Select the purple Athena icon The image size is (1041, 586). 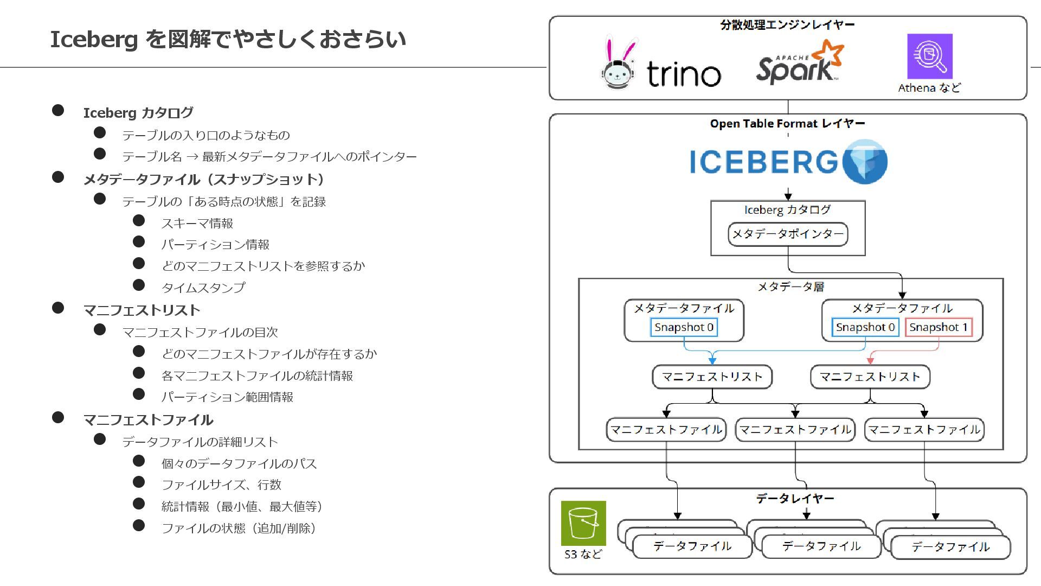pyautogui.click(x=929, y=56)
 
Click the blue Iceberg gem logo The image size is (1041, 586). pyautogui.click(x=865, y=161)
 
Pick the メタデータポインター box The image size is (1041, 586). pyautogui.click(x=787, y=234)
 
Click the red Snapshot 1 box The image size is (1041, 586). pyautogui.click(x=938, y=327)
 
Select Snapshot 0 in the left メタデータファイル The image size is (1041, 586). pyautogui.click(x=684, y=327)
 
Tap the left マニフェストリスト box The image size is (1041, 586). pyautogui.click(x=712, y=377)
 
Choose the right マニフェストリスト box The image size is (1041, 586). pyautogui.click(x=870, y=377)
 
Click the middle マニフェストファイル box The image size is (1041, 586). pyautogui.click(x=795, y=430)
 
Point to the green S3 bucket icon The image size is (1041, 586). pyautogui.click(x=583, y=523)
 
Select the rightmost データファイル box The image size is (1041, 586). pyautogui.click(x=950, y=547)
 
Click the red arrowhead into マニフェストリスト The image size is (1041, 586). pyautogui.click(x=870, y=360)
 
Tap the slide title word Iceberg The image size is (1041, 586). pyautogui.click(x=94, y=40)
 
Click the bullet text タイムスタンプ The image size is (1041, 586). pyautogui.click(x=203, y=288)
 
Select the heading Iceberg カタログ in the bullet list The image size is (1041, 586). pyautogui.click(x=138, y=113)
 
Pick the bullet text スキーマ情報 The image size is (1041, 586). pyautogui.click(x=197, y=224)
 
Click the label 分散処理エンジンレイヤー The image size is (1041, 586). pyautogui.click(x=787, y=25)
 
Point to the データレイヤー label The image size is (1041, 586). pyautogui.click(x=795, y=498)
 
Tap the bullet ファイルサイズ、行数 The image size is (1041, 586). pyautogui.click(x=221, y=485)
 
